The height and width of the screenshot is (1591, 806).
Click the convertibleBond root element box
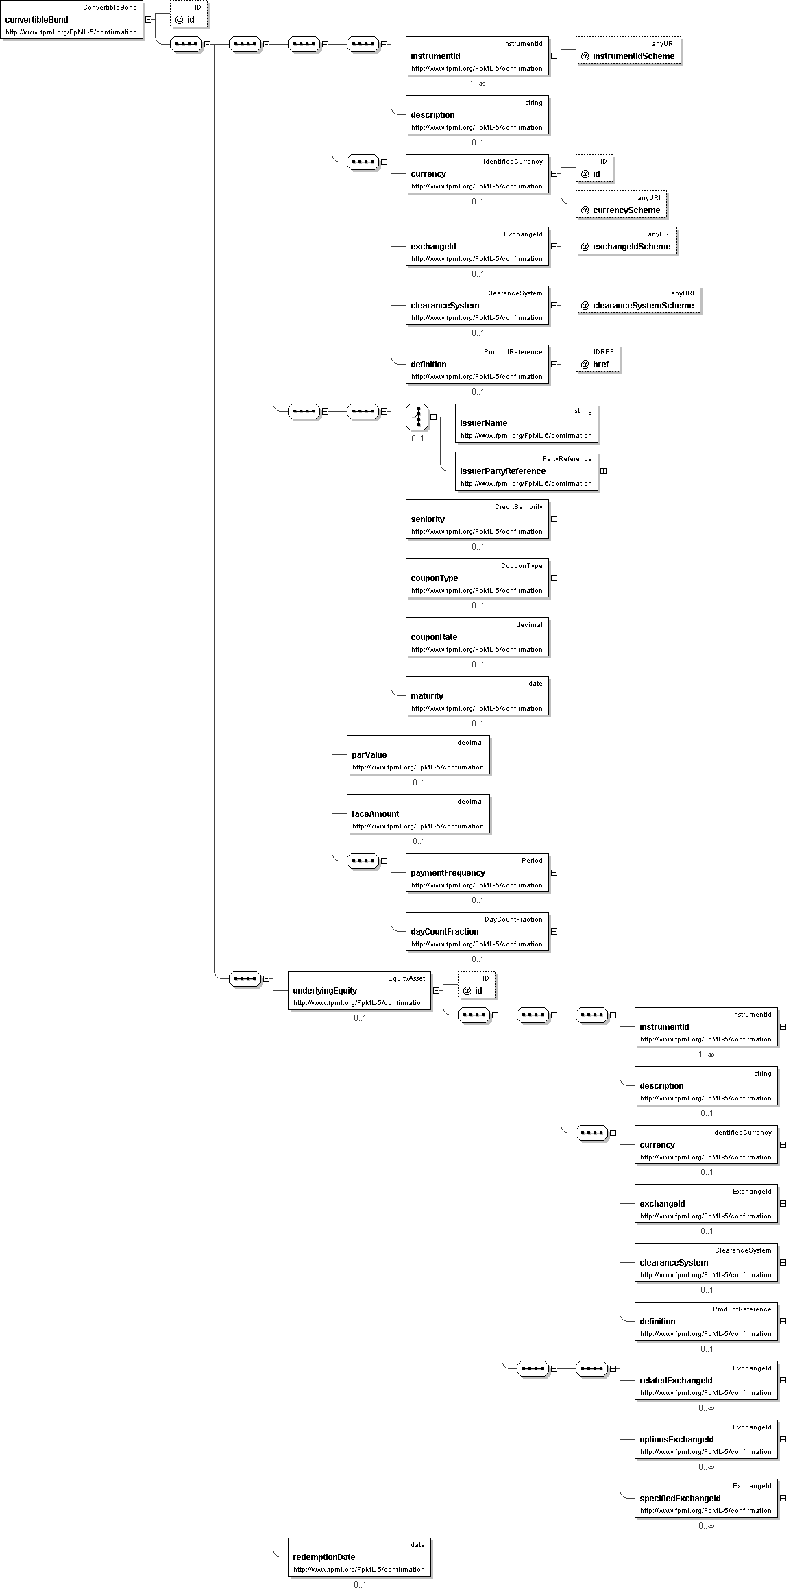(72, 20)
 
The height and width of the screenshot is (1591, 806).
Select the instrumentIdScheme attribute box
(628, 50)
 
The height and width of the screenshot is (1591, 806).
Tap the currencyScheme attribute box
(621, 204)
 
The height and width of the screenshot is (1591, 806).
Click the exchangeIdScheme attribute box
(626, 241)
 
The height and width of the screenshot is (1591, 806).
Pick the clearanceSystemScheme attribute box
(638, 299)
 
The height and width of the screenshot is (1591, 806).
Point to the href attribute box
(597, 358)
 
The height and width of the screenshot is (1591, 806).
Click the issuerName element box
(526, 423)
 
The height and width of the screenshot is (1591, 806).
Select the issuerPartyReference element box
(526, 471)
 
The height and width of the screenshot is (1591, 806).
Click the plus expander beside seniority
(554, 519)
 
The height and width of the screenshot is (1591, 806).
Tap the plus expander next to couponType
(554, 578)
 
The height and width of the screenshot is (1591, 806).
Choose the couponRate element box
(477, 637)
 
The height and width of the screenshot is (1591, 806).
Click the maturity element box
(477, 695)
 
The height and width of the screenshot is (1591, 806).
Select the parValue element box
(418, 754)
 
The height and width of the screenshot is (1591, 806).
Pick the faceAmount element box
(418, 813)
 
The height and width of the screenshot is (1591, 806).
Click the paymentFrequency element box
(477, 872)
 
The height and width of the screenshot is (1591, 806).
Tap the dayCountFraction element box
(477, 931)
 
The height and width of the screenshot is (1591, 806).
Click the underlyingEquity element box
(359, 990)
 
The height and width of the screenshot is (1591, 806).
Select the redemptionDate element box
(359, 1557)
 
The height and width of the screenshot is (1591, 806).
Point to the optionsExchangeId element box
(706, 1439)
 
